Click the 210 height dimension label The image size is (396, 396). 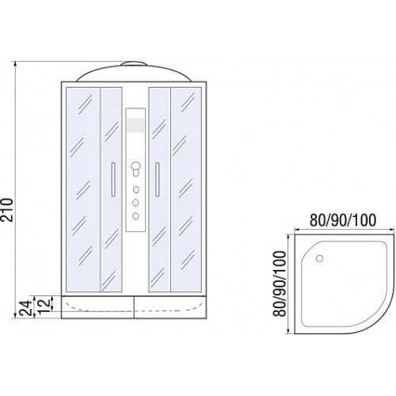pos(7,210)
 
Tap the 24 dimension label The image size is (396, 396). pos(26,307)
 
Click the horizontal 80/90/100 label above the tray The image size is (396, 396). pos(343,220)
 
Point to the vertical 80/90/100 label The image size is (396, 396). pos(280,284)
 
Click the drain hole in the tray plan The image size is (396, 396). pos(320,258)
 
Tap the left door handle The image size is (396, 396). pos(113,179)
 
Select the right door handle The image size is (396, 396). pos(158,179)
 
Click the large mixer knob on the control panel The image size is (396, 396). pos(135,166)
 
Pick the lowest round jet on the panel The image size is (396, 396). pos(135,216)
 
